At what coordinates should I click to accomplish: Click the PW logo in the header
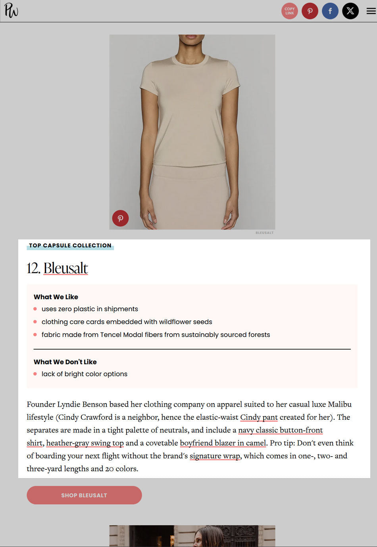click(11, 10)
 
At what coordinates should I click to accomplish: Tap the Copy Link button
click(290, 11)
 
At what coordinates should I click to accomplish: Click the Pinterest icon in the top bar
click(310, 11)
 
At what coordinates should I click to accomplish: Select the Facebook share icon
click(330, 11)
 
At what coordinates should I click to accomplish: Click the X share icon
click(350, 11)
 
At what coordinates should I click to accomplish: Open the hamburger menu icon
click(371, 11)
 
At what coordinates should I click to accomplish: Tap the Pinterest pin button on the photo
click(120, 218)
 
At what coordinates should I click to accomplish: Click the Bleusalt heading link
click(65, 268)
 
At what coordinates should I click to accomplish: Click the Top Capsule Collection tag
click(70, 246)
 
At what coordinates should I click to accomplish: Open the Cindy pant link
click(259, 417)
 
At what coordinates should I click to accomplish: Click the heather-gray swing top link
click(85, 443)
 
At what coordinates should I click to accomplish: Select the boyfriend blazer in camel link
click(223, 443)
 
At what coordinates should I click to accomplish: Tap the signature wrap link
click(215, 456)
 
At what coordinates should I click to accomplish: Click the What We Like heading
click(56, 297)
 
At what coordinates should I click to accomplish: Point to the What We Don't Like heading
click(65, 362)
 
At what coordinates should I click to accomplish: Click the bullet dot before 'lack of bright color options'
click(35, 374)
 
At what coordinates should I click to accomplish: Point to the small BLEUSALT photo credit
click(264, 233)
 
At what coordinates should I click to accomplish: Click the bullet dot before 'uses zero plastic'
click(35, 309)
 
